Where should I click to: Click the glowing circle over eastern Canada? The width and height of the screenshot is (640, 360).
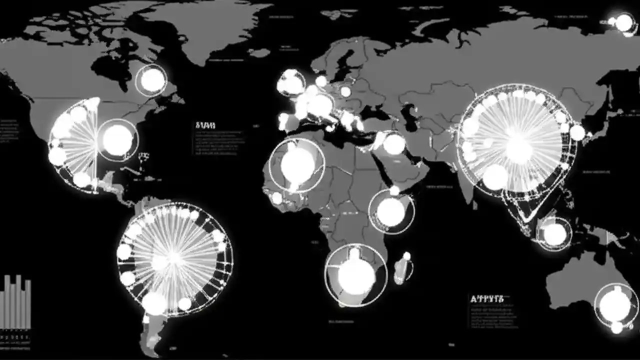[152, 80]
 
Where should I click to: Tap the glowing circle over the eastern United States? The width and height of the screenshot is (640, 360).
[117, 139]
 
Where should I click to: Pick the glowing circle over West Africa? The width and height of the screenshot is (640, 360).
[297, 165]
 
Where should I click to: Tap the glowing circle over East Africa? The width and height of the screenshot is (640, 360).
[391, 211]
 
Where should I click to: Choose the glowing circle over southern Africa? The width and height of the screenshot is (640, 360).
[356, 275]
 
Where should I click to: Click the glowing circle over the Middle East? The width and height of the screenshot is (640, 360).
[394, 144]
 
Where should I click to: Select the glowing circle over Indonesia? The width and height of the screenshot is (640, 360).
[554, 233]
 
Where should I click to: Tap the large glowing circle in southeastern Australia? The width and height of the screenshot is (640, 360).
[615, 305]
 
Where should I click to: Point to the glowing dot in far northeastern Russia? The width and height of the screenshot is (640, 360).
[623, 22]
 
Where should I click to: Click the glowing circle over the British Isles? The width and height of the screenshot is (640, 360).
[290, 82]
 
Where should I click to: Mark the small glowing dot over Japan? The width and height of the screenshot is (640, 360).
[577, 132]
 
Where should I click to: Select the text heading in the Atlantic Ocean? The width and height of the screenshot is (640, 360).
[205, 125]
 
